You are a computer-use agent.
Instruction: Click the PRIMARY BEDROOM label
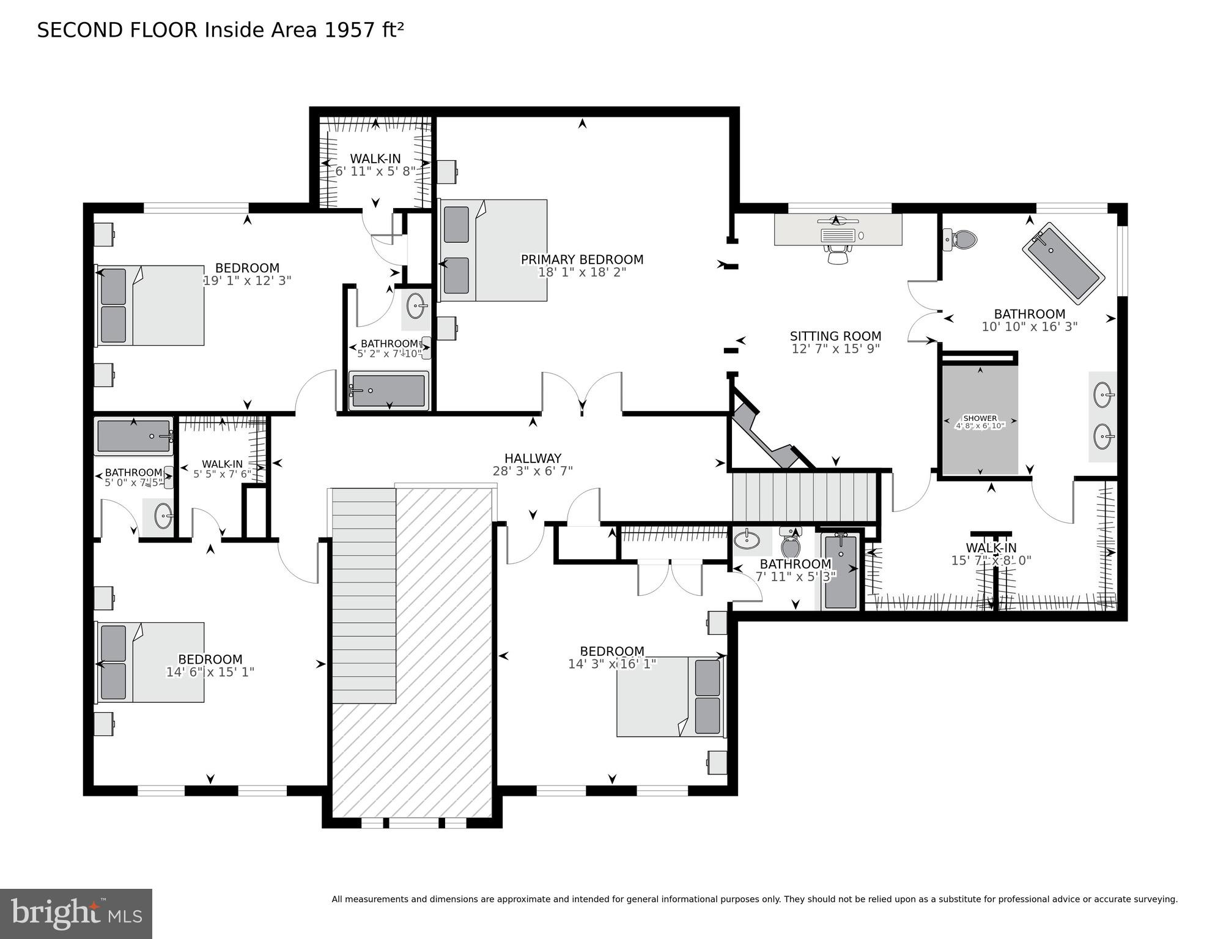pos(582,259)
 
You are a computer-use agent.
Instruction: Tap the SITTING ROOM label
pos(835,336)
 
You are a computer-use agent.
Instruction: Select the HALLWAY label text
pos(533,458)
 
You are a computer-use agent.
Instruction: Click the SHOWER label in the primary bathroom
pos(980,418)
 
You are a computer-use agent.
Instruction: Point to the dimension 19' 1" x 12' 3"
pos(247,281)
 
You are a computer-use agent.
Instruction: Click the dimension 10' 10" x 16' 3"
pos(1029,327)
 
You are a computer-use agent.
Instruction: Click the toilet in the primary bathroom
pos(961,239)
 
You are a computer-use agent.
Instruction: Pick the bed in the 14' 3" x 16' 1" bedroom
pos(670,697)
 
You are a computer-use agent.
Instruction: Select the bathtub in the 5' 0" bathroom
pos(134,436)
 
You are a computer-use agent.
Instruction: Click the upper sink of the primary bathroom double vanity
pos(1102,395)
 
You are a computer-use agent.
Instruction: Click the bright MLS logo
pos(76,913)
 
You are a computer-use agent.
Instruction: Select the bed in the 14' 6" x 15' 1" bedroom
pos(150,662)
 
